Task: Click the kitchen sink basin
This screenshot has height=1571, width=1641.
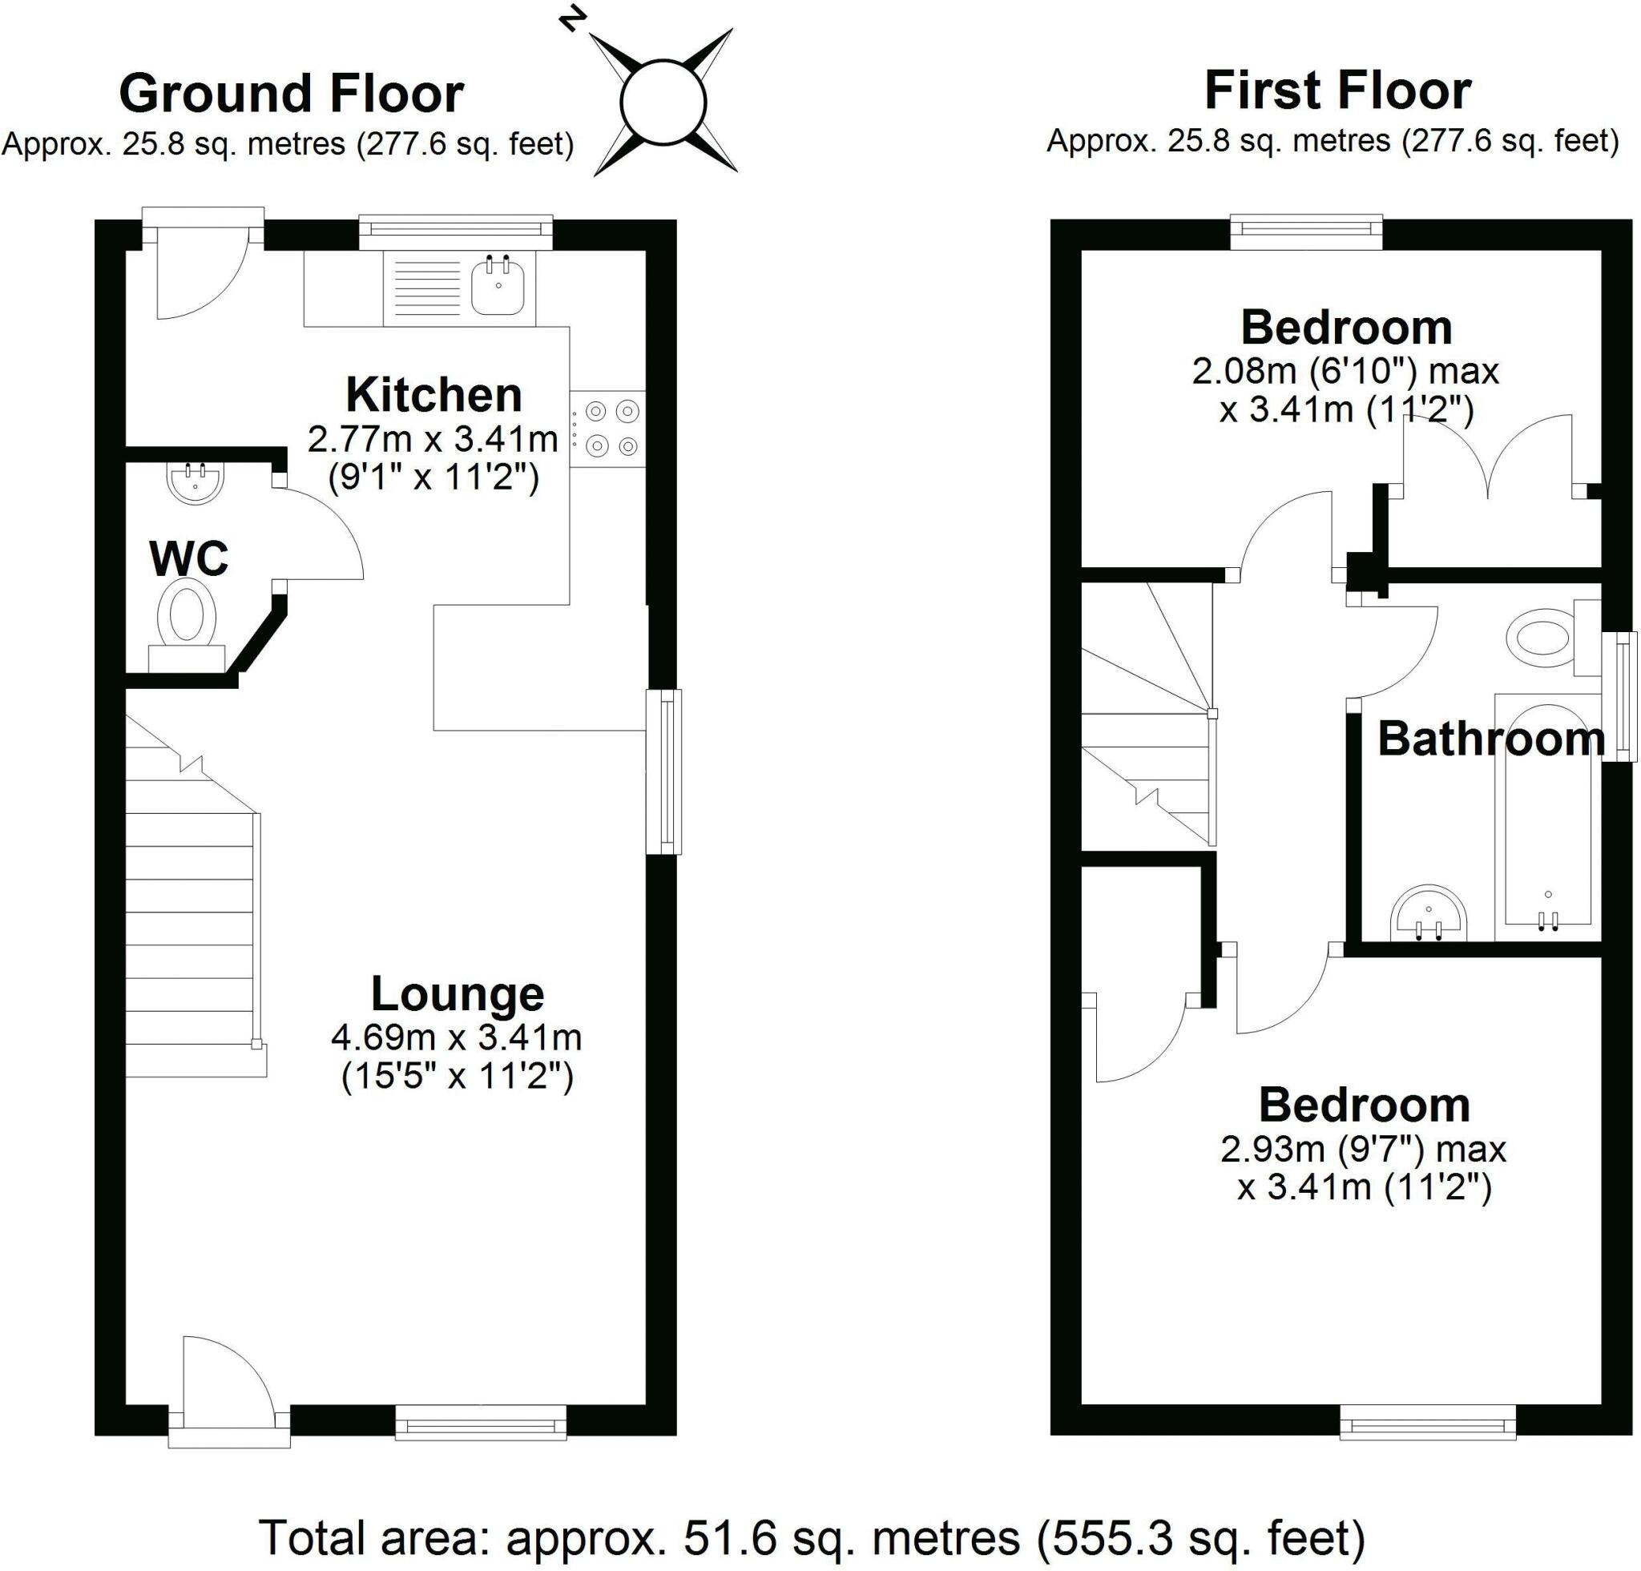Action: pyautogui.click(x=498, y=287)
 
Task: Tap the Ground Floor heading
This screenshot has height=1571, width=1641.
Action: pyautogui.click(x=292, y=94)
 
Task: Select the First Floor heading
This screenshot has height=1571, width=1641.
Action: pyautogui.click(x=1337, y=91)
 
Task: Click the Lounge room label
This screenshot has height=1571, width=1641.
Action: pyautogui.click(x=458, y=994)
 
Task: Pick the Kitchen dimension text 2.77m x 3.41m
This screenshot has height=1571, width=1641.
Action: pyautogui.click(x=432, y=438)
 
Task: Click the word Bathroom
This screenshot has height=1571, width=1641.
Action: pyautogui.click(x=1491, y=740)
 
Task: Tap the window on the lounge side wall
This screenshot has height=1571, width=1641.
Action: pyautogui.click(x=664, y=771)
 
